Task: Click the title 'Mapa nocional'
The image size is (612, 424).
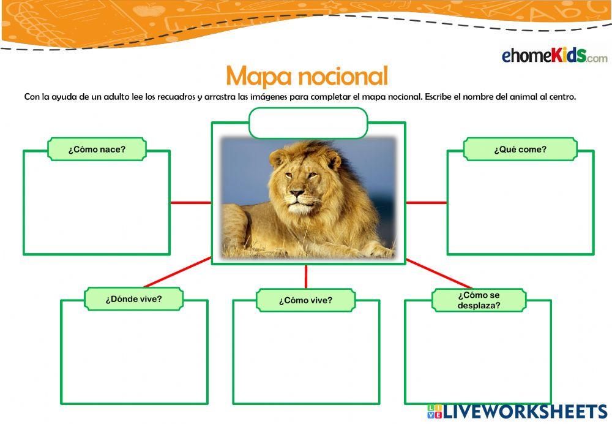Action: (307, 76)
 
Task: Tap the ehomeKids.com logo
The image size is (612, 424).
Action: (554, 56)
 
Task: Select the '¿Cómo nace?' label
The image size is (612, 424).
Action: (97, 149)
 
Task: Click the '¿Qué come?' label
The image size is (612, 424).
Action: (520, 149)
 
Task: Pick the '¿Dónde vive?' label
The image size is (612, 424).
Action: (133, 299)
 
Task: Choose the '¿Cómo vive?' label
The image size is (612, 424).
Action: (305, 300)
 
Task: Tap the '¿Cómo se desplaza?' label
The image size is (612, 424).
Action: (479, 300)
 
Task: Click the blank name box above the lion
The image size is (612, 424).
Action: (308, 123)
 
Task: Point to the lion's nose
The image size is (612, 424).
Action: (297, 194)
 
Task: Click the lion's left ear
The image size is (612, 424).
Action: (279, 158)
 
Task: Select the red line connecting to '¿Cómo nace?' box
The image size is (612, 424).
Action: (190, 202)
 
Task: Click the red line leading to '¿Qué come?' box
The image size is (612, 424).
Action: (426, 202)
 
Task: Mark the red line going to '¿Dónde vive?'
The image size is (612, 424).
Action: (177, 272)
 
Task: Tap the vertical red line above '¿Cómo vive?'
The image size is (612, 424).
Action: (305, 277)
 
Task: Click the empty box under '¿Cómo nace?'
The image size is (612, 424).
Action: (97, 208)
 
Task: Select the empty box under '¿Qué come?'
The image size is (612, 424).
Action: (520, 208)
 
